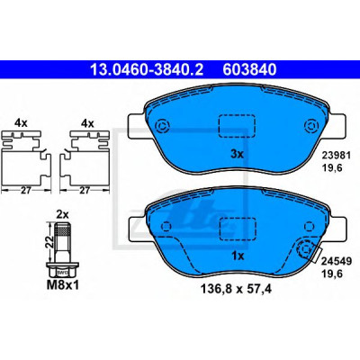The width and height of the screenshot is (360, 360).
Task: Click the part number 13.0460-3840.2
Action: point(147,69)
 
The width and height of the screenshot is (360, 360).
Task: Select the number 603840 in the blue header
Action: point(249,69)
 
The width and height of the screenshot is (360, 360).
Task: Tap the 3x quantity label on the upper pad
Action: point(237,155)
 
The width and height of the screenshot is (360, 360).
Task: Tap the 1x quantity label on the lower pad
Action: point(238,256)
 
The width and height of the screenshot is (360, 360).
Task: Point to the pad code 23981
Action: point(337,156)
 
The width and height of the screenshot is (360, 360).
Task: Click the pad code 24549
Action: point(337,261)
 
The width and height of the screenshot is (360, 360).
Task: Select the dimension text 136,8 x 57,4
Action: point(236,289)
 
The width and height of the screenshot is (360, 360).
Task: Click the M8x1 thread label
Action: point(63,285)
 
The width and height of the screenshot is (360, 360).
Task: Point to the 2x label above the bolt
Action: point(63,215)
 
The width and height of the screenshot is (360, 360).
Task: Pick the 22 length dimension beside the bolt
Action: point(51,241)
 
